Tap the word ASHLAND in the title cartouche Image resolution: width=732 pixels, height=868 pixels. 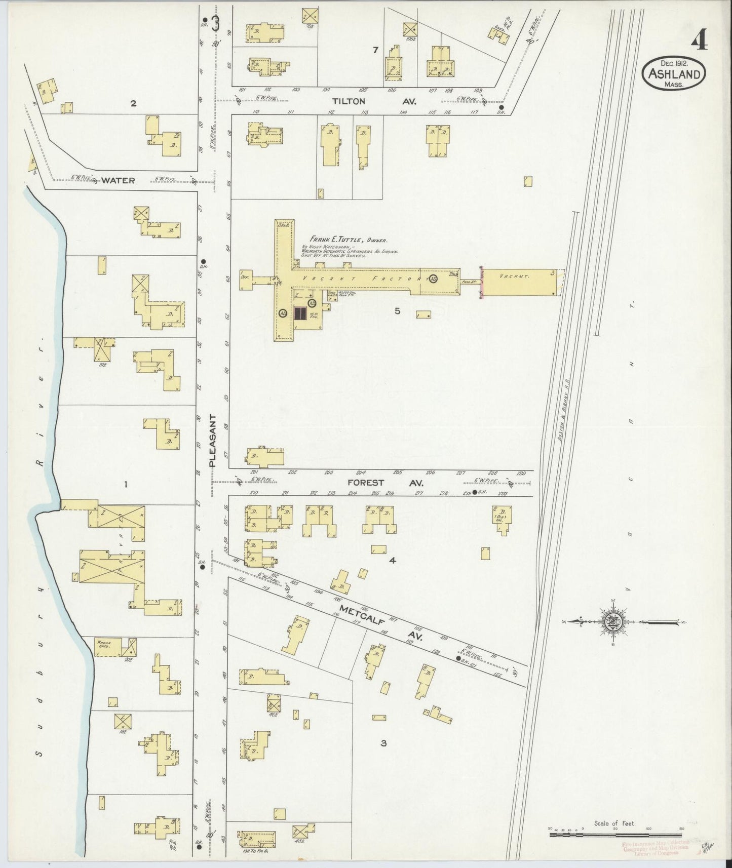pos(674,74)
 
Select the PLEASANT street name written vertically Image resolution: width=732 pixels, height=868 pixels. pos(213,440)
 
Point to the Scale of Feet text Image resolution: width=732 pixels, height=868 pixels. pos(614,824)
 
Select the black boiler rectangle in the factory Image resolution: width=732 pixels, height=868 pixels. pos(299,313)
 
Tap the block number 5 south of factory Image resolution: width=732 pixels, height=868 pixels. pos(397,311)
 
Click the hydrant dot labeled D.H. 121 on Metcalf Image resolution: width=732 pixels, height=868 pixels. pos(458,658)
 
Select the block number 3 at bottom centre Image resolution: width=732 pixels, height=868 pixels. pos(383,743)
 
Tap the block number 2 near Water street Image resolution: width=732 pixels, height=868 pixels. pos(133,104)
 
